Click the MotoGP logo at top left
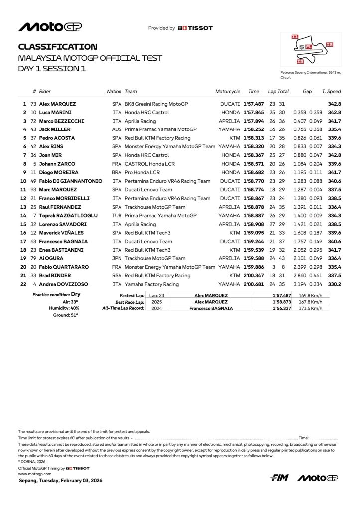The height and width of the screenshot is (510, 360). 50,27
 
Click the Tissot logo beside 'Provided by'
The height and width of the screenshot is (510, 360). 195,28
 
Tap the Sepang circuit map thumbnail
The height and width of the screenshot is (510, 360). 311,50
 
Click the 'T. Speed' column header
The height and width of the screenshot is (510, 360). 331,92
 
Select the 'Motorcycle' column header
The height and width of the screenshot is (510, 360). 228,92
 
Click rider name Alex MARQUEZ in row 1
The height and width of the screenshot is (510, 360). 57,104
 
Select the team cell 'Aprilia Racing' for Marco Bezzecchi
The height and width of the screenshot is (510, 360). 141,121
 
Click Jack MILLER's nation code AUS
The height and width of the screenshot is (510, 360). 117,129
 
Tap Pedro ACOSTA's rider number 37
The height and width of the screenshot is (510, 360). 34,138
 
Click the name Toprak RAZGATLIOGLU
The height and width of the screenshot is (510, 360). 68,215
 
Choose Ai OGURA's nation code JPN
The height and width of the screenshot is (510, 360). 118,258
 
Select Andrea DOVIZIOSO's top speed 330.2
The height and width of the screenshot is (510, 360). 334,284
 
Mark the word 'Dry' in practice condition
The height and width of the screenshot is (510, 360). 76,295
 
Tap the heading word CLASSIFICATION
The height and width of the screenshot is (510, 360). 58,47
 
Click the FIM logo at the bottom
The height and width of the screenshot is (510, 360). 279,478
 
